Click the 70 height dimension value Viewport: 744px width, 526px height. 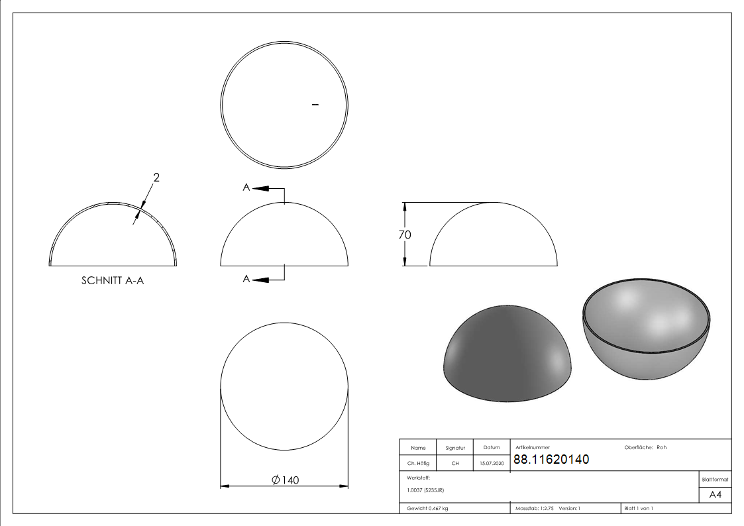pos(405,235)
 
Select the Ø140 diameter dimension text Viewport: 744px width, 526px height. pos(285,480)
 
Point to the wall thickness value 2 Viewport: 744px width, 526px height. pos(156,178)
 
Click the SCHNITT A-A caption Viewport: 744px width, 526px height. pos(113,280)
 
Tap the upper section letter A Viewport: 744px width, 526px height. pos(246,187)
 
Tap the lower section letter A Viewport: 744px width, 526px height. pos(246,279)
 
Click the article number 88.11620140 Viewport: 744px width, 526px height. pos(551,459)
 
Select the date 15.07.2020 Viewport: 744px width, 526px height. pos(492,463)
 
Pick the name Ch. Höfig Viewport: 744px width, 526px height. pos(418,463)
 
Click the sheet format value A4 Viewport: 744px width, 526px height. pos(715,495)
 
